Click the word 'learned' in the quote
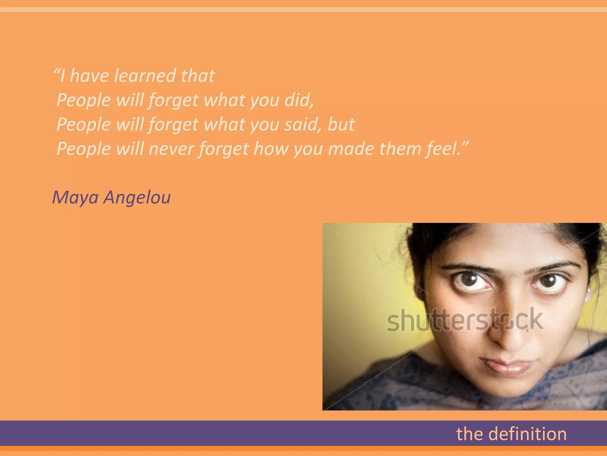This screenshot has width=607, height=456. (145, 76)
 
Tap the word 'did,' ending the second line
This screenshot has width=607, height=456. (299, 100)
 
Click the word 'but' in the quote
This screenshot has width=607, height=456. (341, 124)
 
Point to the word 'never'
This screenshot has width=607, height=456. (171, 149)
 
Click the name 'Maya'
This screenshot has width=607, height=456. (75, 197)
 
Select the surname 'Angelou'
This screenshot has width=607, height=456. (137, 197)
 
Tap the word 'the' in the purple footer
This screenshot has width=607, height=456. (470, 434)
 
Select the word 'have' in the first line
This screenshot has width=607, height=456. (89, 76)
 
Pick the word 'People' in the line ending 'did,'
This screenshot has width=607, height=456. (84, 100)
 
